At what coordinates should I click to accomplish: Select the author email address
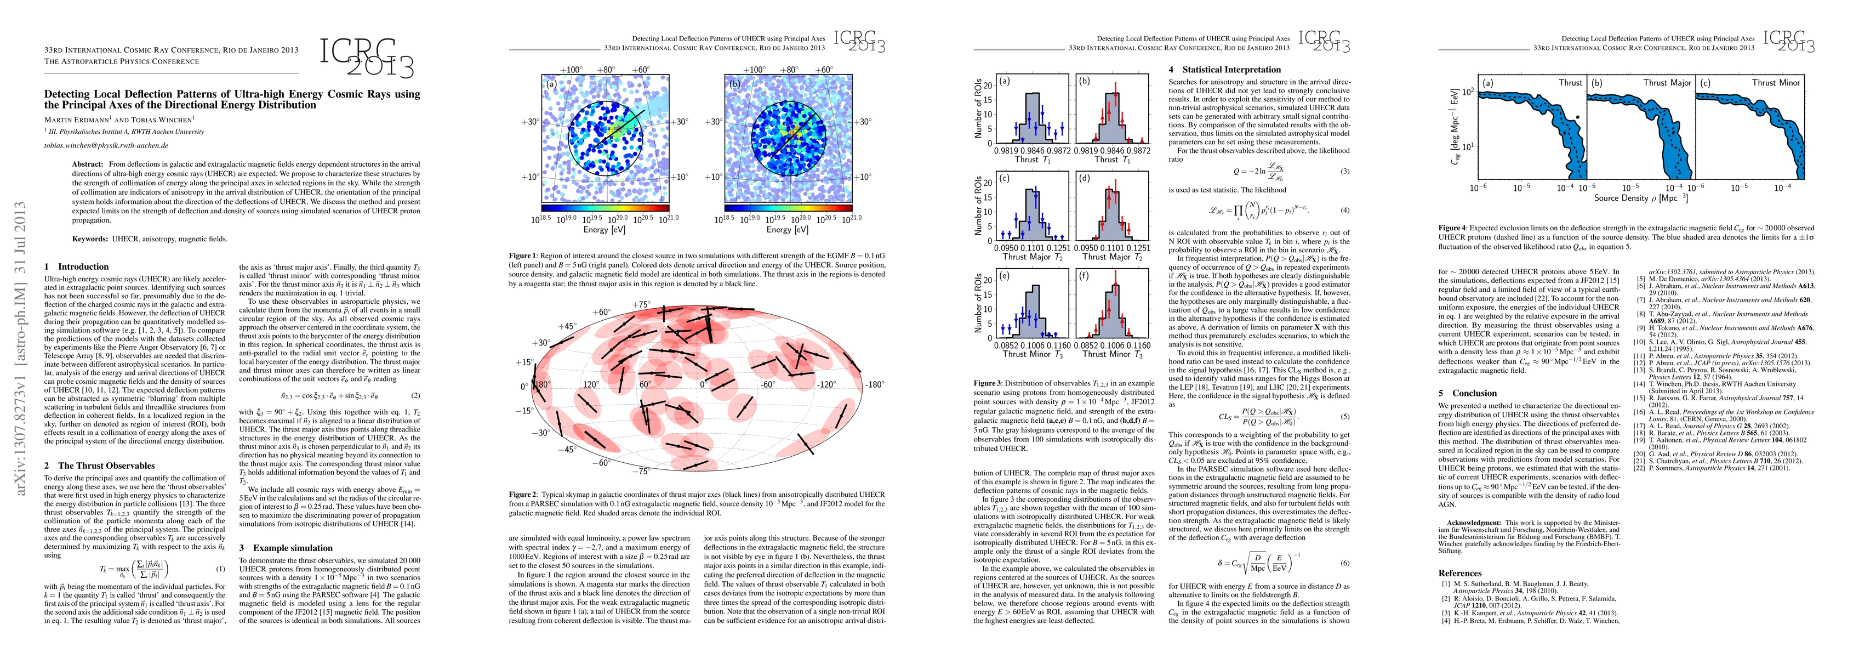pos(106,145)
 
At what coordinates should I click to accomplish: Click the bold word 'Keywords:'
pos(90,239)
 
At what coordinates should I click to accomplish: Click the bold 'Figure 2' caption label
pos(522,495)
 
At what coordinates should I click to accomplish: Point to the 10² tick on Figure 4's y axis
pos(1467,91)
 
